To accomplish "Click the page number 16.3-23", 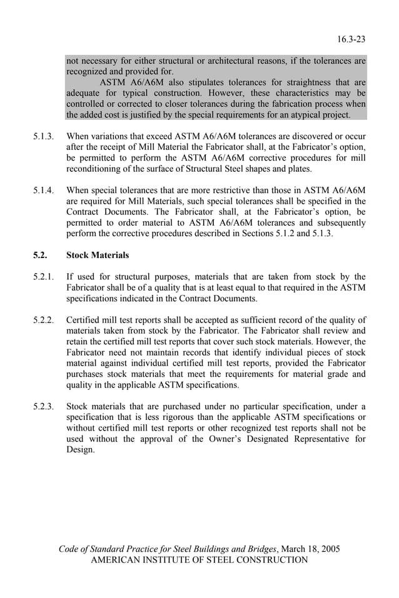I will coord(352,39).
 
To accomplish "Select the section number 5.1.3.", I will coord(44,136).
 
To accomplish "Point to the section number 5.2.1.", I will coord(44,276).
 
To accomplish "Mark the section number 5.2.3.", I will coord(44,406).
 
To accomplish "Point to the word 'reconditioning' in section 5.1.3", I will coord(96,169).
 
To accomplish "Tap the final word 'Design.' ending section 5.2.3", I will coord(81,449).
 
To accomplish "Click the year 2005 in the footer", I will coord(329,549).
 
